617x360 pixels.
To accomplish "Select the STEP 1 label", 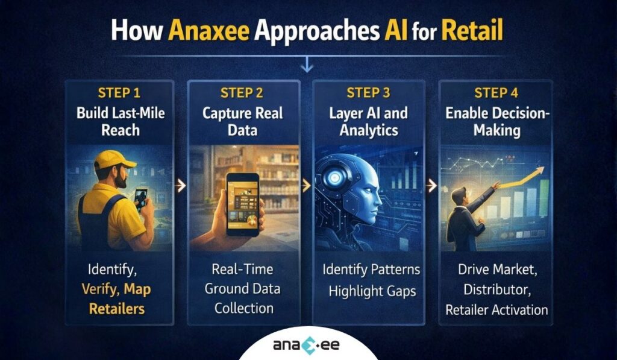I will pyautogui.click(x=119, y=93).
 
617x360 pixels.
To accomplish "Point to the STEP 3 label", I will pyautogui.click(x=369, y=93).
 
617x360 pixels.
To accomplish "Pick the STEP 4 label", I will pyautogui.click(x=496, y=93).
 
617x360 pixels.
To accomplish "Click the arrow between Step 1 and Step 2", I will pyautogui.click(x=180, y=187).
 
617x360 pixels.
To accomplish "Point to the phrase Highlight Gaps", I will pyautogui.click(x=372, y=291).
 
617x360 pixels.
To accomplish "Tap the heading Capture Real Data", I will pyautogui.click(x=245, y=122).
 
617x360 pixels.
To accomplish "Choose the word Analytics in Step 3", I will pyautogui.click(x=369, y=130).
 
